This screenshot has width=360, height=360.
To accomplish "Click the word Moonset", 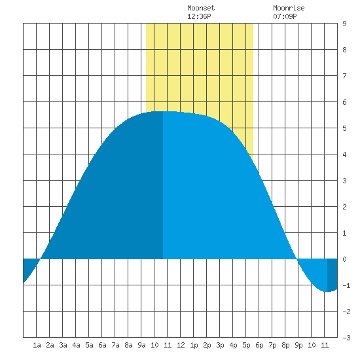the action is point(201,8).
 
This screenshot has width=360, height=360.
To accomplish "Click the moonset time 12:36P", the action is point(199,16).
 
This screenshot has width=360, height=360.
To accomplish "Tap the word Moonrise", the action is point(289,8).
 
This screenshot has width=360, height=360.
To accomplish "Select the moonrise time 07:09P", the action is point(285,16).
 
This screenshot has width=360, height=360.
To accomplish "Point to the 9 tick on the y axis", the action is point(344,24).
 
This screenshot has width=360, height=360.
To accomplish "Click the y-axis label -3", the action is point(346,338).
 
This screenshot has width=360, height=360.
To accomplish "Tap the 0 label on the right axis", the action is point(344,259).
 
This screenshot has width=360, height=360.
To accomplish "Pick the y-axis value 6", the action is point(344,102).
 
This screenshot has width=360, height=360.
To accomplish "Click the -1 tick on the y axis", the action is point(346,285).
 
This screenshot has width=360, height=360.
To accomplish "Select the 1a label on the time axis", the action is point(37,345).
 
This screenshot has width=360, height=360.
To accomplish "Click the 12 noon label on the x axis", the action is point(181,345).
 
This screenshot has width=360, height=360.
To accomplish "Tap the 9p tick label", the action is point(298,345).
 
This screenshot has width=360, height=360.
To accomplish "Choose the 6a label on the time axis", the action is point(102,345).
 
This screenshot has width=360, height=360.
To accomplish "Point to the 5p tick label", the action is point(246,345).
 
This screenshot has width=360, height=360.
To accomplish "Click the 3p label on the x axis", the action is point(220,345).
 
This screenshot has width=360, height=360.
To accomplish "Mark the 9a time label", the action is point(141,345).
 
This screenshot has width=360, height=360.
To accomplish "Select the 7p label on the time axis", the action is point(272,345).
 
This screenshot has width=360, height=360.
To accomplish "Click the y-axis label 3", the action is point(344,181).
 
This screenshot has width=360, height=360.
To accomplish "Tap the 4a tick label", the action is point(76,345).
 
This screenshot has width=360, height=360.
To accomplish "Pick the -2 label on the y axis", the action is point(346,312).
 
